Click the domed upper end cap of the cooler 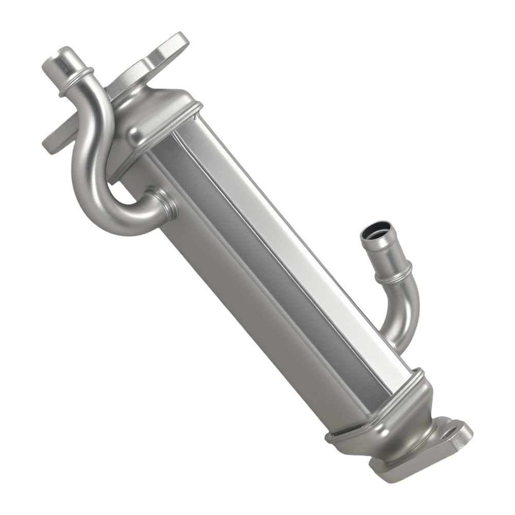point(154,111)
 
